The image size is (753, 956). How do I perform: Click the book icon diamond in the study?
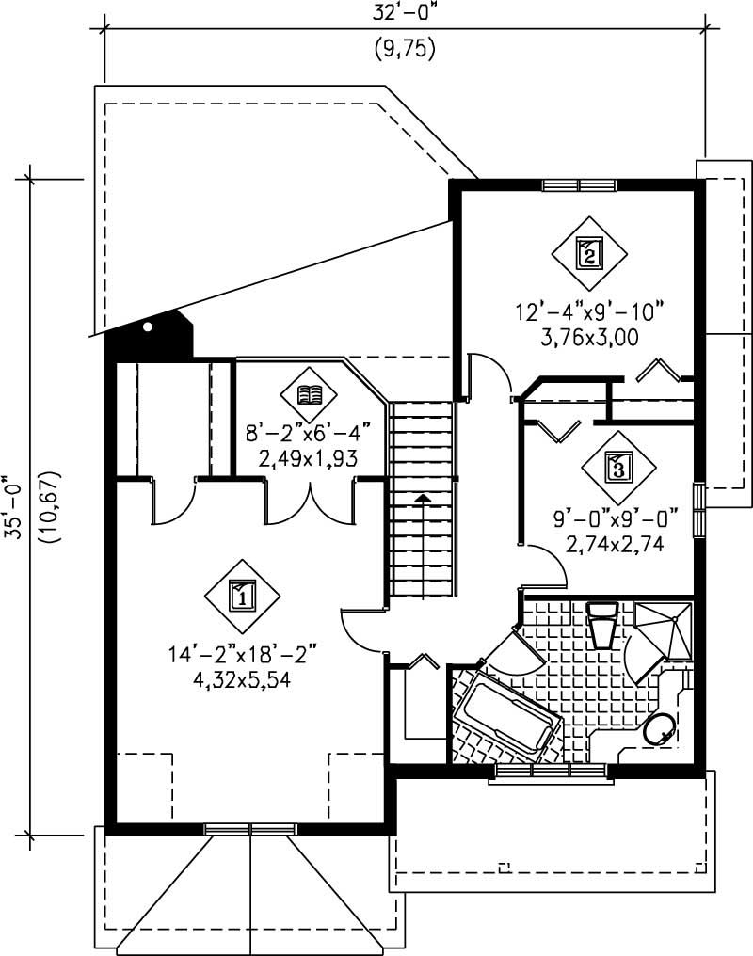[309, 394]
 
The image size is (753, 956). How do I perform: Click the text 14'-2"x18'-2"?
[243, 651]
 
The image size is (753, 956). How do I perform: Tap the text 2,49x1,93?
[309, 460]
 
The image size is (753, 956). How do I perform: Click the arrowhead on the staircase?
[424, 498]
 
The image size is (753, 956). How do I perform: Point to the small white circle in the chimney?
[148, 327]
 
